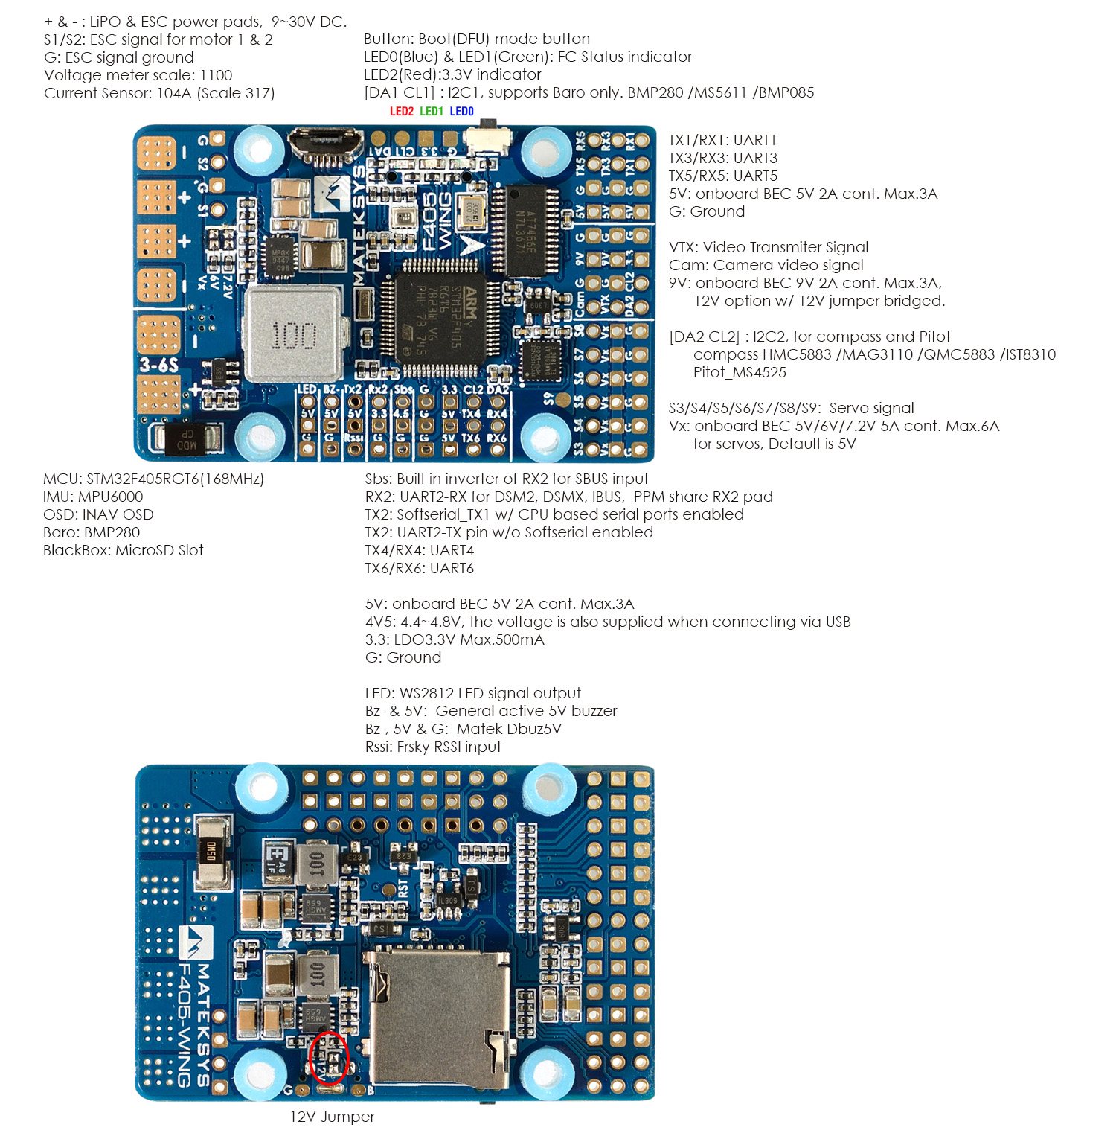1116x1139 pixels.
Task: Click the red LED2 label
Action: [401, 112]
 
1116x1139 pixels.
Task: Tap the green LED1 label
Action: [432, 112]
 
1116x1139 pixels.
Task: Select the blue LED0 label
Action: [461, 112]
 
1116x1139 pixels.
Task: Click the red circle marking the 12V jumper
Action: [328, 1057]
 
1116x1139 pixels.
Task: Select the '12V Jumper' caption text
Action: [332, 1117]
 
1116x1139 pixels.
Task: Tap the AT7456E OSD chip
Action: [527, 230]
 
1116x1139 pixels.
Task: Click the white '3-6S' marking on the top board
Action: [159, 365]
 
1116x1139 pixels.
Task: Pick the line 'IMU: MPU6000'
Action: [93, 497]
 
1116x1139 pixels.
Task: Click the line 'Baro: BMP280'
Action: [92, 532]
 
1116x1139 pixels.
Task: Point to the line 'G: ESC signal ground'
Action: [119, 57]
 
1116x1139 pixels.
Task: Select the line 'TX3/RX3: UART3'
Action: [722, 158]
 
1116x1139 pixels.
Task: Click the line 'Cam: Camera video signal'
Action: [766, 265]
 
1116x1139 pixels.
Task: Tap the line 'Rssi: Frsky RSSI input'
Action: [433, 747]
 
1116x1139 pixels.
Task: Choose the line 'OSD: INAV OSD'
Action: [98, 514]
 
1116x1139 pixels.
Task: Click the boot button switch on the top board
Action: [487, 139]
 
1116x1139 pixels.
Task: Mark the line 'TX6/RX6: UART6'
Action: [419, 568]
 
